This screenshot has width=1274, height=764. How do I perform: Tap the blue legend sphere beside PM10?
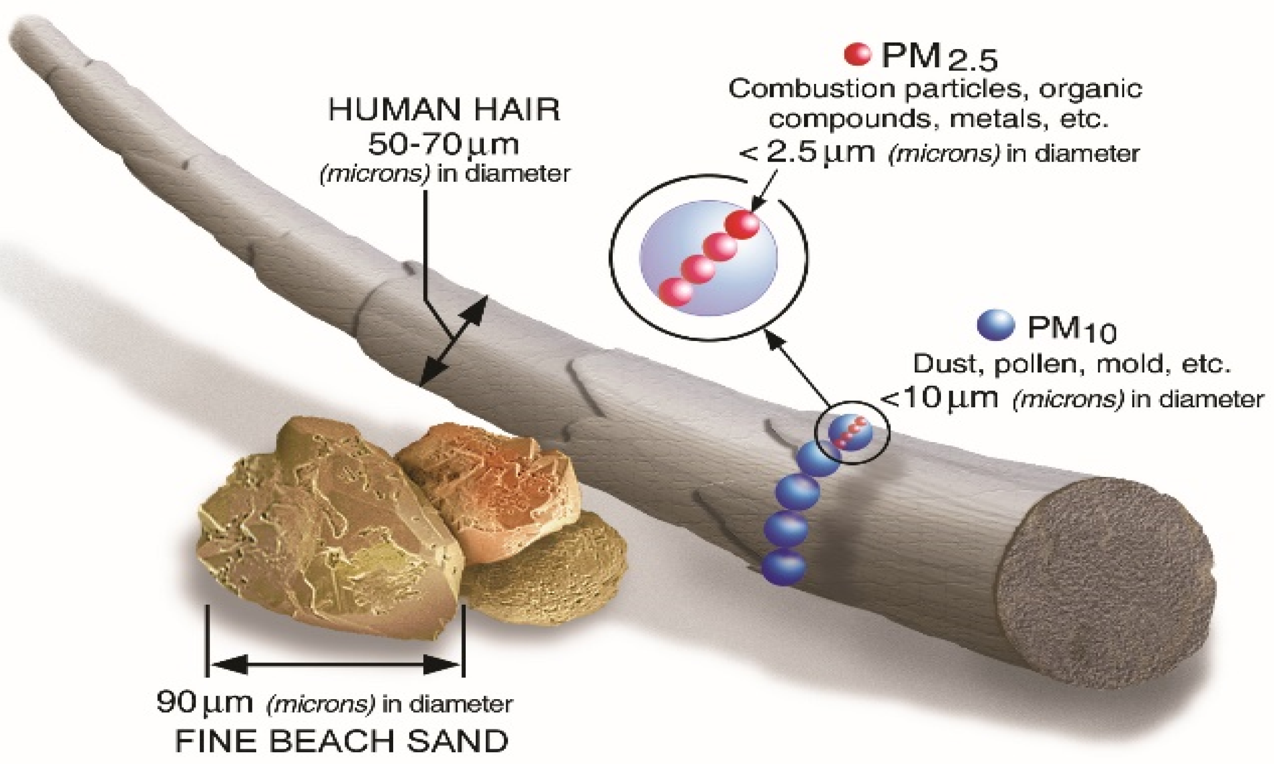pos(995,325)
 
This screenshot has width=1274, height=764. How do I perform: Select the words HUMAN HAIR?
pos(444,110)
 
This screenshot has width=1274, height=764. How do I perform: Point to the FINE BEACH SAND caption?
pos(342,742)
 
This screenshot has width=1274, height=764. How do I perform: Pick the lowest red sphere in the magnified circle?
pos(675,292)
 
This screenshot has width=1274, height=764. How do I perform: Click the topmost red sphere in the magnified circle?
pos(742,225)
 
